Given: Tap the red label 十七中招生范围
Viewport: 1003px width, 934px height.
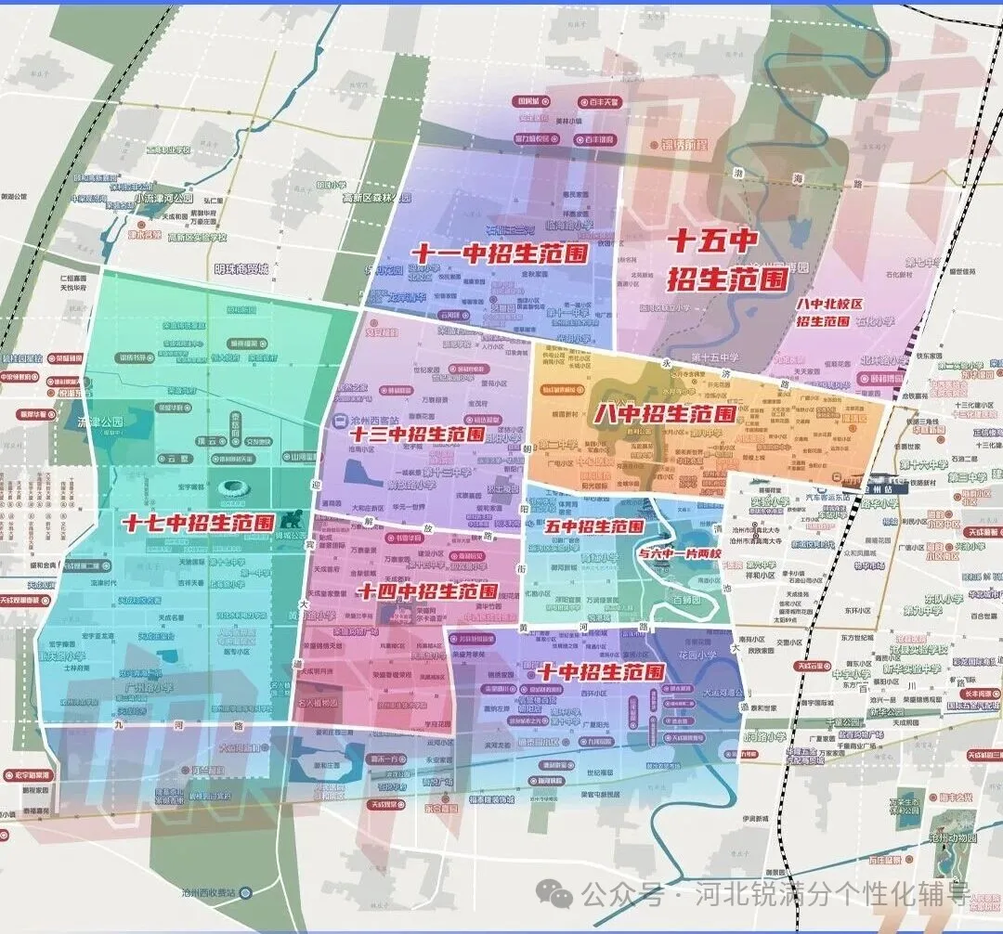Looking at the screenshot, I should pyautogui.click(x=198, y=523).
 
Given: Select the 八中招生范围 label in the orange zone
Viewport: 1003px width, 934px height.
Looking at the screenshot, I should pyautogui.click(x=666, y=412).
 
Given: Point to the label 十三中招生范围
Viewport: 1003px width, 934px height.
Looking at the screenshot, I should pyautogui.click(x=417, y=434).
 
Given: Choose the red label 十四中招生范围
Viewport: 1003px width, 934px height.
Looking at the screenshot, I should pyautogui.click(x=428, y=590).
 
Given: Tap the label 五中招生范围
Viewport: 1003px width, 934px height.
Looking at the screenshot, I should pyautogui.click(x=593, y=525).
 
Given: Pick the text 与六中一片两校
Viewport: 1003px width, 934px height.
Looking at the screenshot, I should pyautogui.click(x=680, y=551).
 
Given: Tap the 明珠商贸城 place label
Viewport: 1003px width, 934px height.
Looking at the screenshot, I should pyautogui.click(x=241, y=268).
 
